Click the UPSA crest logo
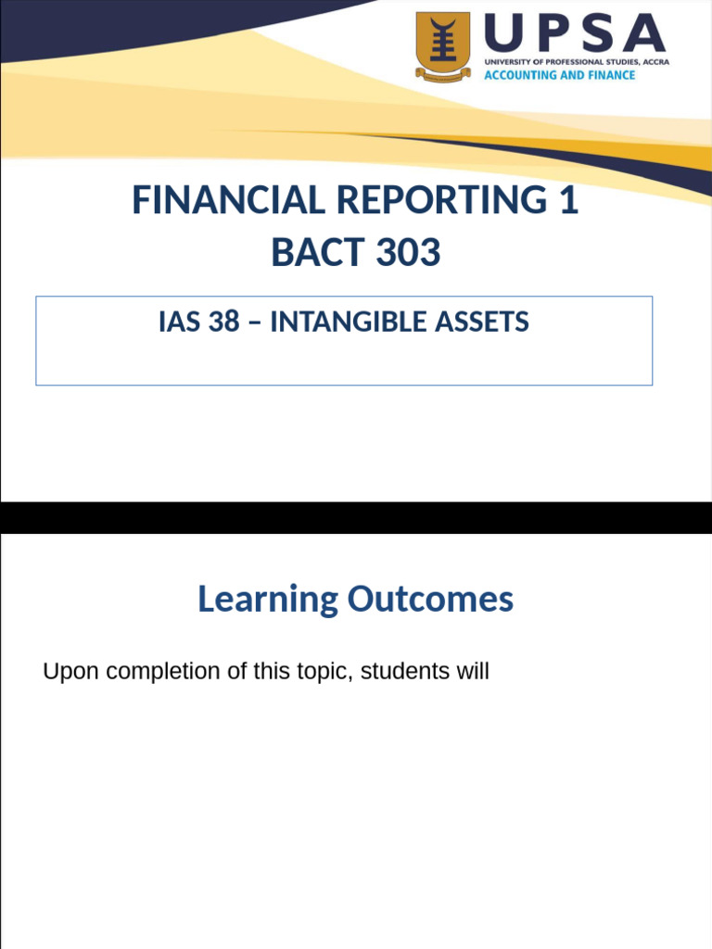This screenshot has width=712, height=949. [x=442, y=46]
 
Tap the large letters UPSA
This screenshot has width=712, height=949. [x=576, y=34]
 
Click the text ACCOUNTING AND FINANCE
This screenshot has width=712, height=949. [x=560, y=75]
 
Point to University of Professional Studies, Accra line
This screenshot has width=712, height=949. [x=576, y=61]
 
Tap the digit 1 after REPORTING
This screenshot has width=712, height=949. [x=568, y=200]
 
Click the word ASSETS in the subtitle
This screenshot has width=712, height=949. [x=489, y=323]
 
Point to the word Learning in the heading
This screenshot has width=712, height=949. [x=268, y=600]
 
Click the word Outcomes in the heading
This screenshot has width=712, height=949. [x=430, y=600]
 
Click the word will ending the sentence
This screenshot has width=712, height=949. [x=471, y=672]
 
